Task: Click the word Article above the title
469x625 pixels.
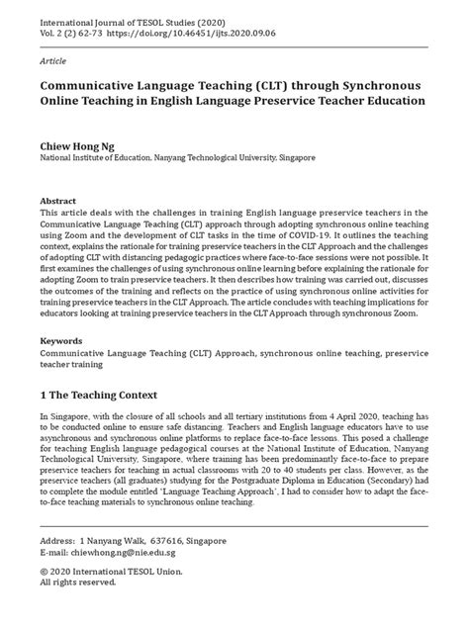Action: coord(50,59)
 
